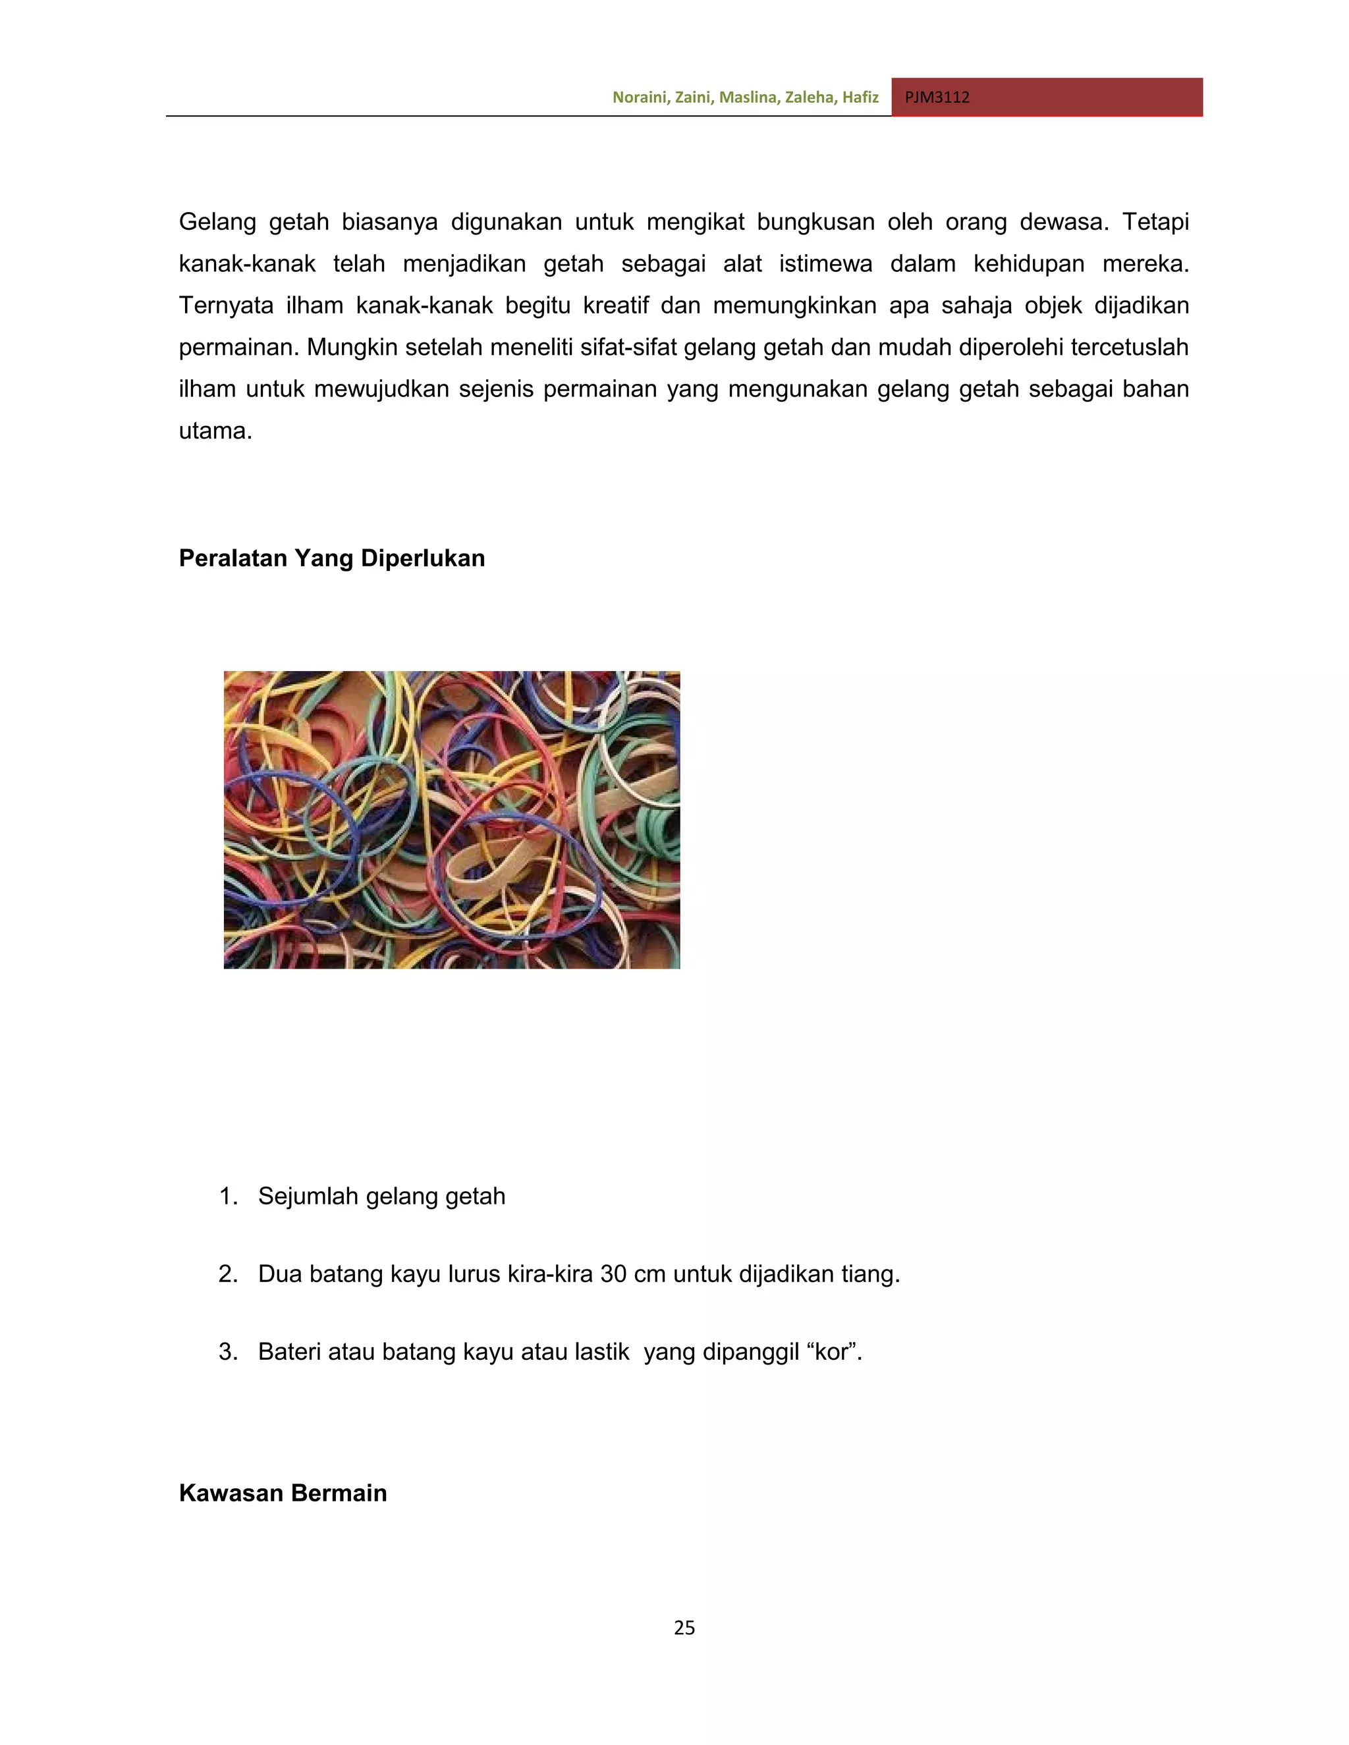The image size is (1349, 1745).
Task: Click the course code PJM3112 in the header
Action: pyautogui.click(x=937, y=97)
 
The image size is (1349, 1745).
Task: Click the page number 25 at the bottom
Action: pyautogui.click(x=684, y=1628)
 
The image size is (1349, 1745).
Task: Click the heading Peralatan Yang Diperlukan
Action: pyautogui.click(x=332, y=558)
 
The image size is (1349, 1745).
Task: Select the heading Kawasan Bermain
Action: pyautogui.click(x=283, y=1493)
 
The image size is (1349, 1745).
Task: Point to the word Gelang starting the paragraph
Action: pyautogui.click(x=217, y=221)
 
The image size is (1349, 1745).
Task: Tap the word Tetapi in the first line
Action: pyautogui.click(x=1155, y=221)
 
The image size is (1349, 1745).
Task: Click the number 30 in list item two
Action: pyautogui.click(x=613, y=1274)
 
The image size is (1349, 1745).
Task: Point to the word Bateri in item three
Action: pyautogui.click(x=289, y=1352)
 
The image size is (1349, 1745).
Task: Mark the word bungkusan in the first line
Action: pyautogui.click(x=815, y=221)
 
